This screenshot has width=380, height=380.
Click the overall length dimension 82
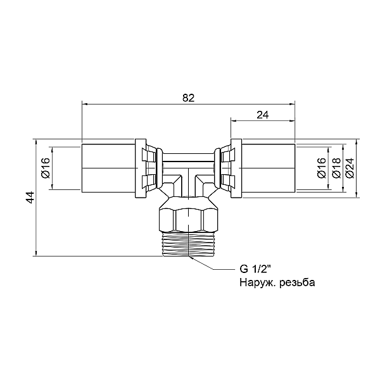pos(188,98)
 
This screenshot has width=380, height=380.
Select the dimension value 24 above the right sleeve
pos(263,115)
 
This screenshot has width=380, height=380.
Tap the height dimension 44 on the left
pos(30,197)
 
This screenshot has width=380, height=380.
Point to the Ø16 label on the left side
pos(46,168)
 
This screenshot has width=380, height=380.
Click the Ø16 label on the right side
pos(322,168)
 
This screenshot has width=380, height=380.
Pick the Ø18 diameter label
pos(336,168)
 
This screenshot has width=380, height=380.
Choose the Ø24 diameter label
pos(350,168)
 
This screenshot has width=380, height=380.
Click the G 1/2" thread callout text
pos(255,269)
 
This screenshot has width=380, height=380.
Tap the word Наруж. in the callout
pos(258,283)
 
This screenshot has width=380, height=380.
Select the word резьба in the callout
pos(298,282)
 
